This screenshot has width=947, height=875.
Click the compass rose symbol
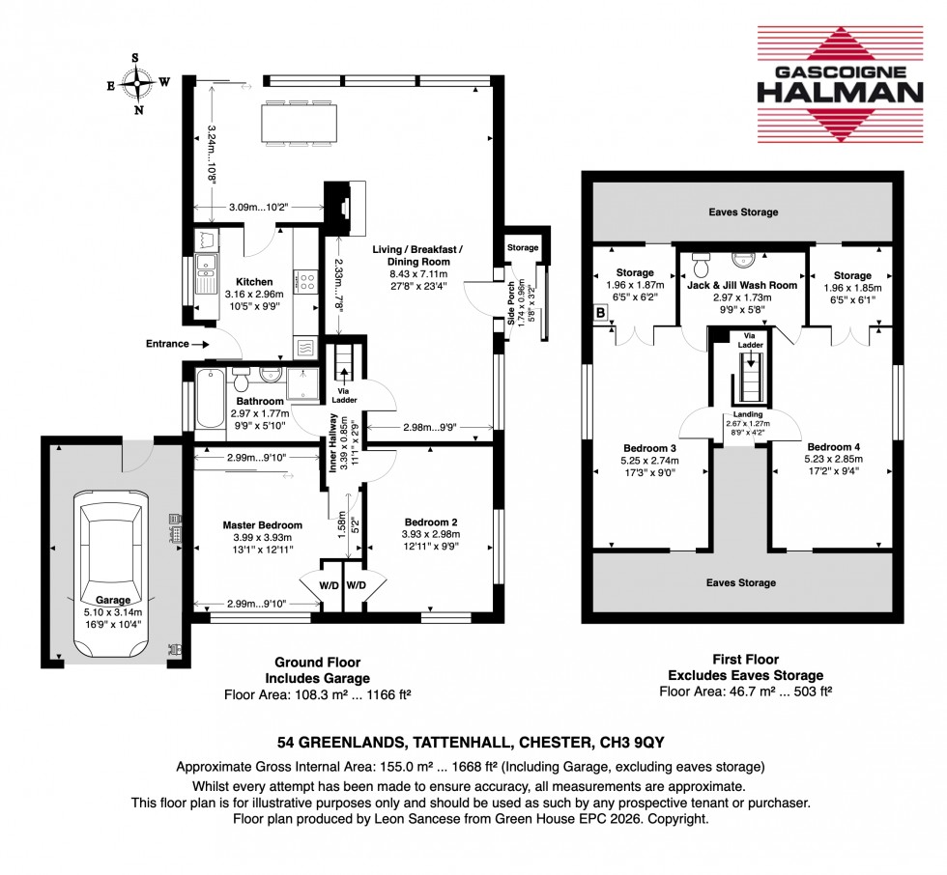(138, 83)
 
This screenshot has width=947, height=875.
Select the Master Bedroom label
(248, 525)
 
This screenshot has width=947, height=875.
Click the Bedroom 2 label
(430, 522)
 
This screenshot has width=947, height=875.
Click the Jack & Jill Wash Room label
(742, 286)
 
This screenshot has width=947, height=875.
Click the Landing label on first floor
(740, 414)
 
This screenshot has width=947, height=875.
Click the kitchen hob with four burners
(305, 282)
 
